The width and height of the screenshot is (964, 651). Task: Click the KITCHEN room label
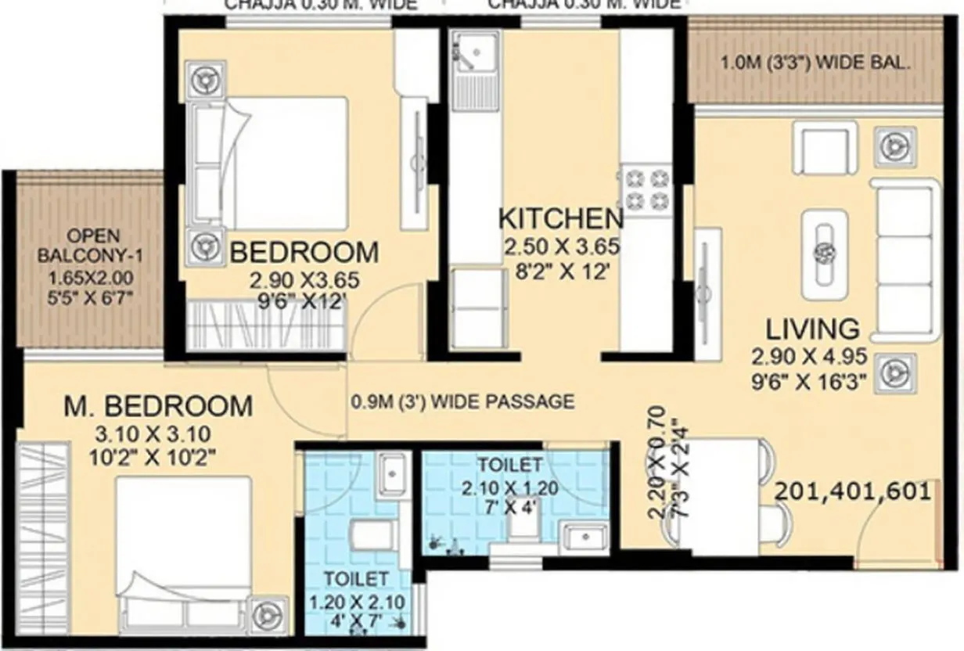pos(560,218)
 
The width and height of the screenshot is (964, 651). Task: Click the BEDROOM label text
pos(304,253)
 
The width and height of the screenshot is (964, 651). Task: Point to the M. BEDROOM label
pos(158,406)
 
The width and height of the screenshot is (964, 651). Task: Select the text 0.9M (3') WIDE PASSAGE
pos(462,402)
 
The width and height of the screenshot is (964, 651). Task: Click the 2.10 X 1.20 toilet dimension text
pos(509,489)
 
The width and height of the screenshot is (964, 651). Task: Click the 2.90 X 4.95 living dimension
pos(809,358)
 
